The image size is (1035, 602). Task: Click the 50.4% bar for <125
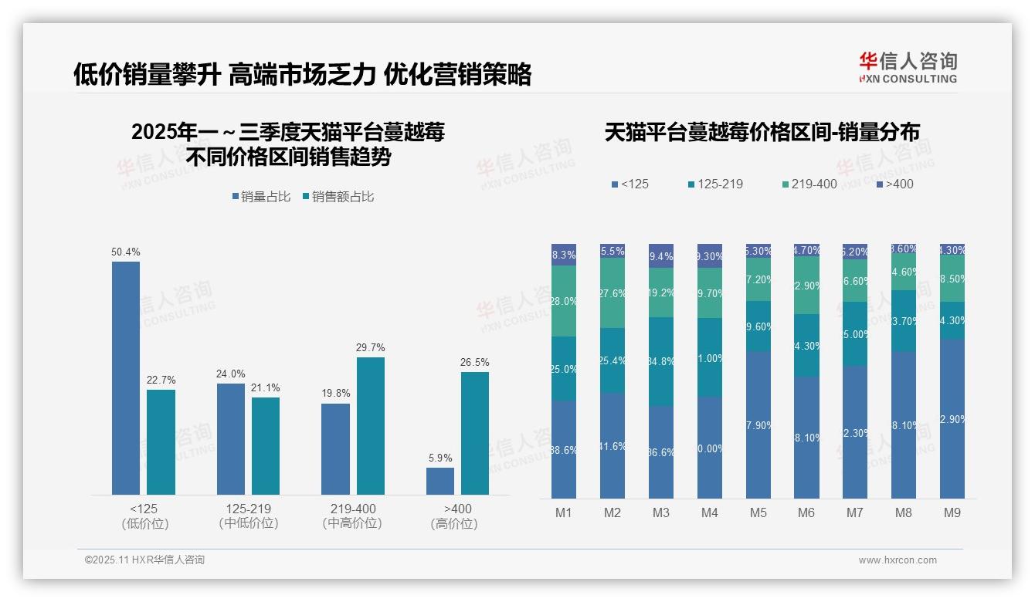pos(126,377)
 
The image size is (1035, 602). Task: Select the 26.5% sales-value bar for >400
pos(475,433)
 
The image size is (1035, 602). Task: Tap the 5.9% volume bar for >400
pos(440,481)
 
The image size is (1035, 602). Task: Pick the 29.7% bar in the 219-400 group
pos(371,425)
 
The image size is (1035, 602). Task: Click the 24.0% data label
pos(231,374)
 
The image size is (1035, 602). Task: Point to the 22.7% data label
pos(161,380)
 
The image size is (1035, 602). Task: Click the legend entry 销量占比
pos(261,197)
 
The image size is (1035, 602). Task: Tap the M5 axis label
pos(758,513)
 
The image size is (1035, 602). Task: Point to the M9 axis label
pos(952,513)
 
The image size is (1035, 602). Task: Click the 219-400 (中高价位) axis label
pos(353,516)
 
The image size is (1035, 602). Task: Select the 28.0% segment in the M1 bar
pos(564,301)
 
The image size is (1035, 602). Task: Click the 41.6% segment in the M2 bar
pos(613,445)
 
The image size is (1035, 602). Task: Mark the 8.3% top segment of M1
pos(564,255)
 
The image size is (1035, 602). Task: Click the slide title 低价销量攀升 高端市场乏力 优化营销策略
pos(302,75)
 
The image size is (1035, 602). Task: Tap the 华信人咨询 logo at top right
pos(908,67)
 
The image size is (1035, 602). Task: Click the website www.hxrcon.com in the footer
pos(898,560)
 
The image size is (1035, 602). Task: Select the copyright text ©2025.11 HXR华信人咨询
pos(144,560)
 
